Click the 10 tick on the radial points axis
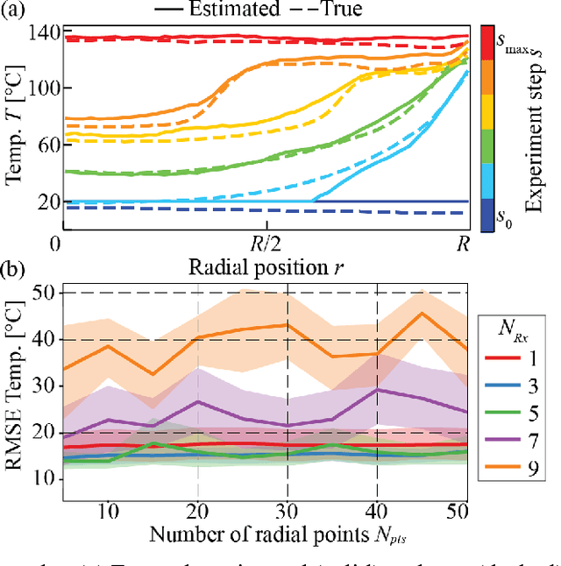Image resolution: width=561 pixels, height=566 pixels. point(108,509)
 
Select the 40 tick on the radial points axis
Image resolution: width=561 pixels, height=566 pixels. point(377,509)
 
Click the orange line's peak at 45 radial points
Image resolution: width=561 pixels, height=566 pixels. point(422,314)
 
